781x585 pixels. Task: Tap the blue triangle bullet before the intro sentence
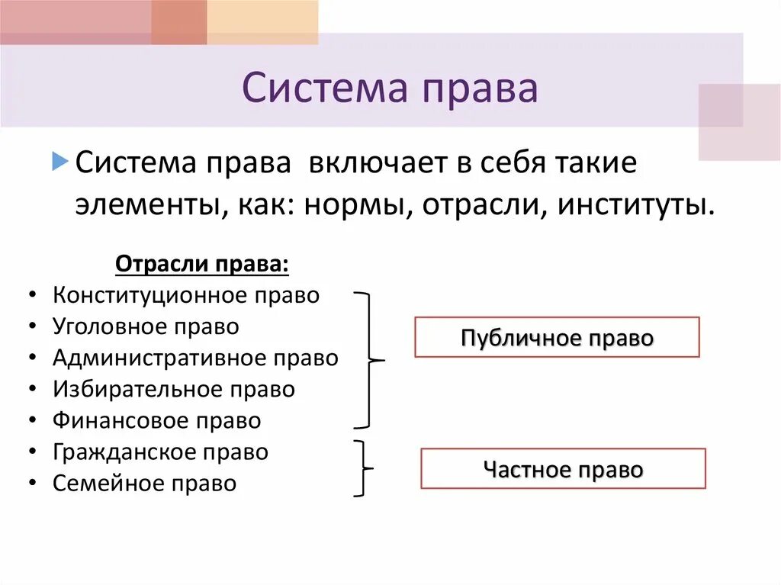pos(60,161)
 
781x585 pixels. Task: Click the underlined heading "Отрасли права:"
pos(202,265)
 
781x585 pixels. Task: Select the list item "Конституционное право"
pos(186,295)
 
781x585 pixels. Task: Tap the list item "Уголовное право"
pos(146,326)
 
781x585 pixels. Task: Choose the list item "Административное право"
pos(195,358)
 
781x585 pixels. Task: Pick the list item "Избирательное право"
pos(174,389)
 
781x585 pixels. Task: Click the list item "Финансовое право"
pos(157,420)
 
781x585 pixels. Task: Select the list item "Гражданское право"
pos(161,452)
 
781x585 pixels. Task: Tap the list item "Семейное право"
pos(145,483)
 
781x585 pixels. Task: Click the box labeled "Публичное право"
pos(557,337)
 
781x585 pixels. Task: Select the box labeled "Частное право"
pos(563,468)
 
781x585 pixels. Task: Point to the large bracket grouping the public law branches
pos(370,358)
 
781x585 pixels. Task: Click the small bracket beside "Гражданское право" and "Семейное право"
pos(365,468)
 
